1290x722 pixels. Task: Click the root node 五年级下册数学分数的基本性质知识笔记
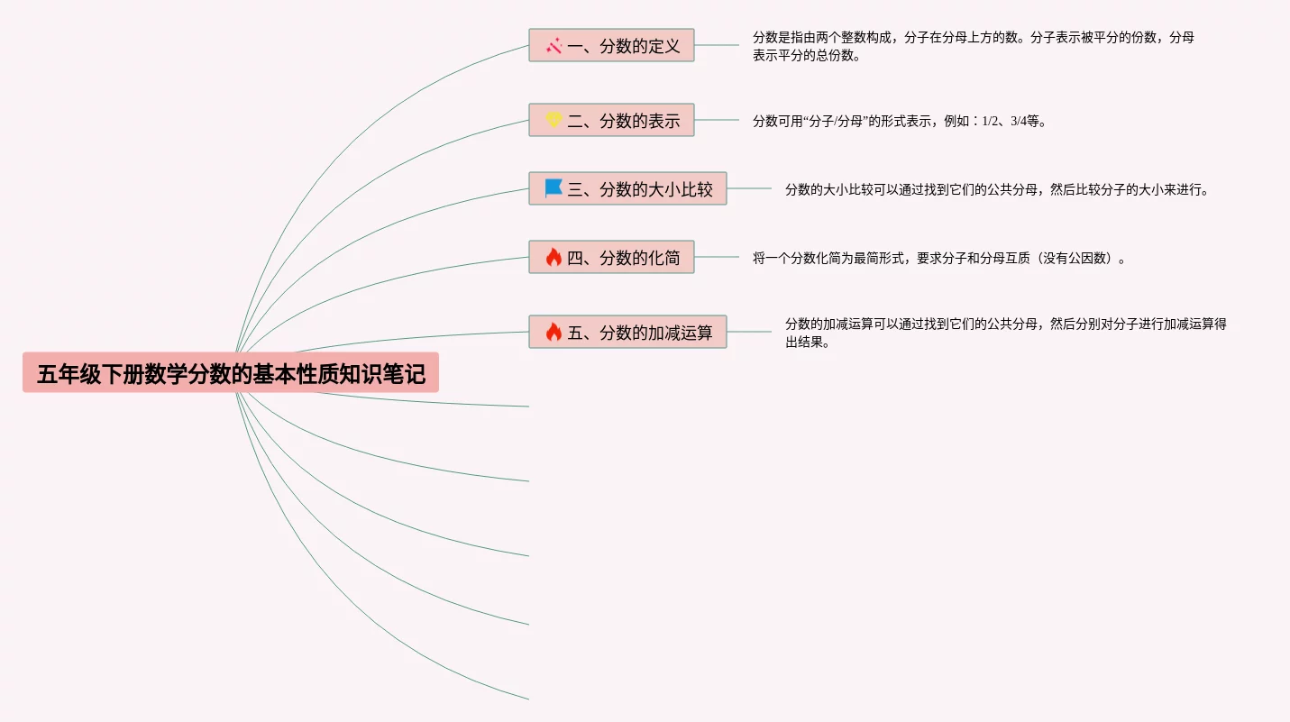[231, 373]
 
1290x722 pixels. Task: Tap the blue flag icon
[554, 188]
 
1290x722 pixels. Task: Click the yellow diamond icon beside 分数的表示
[554, 120]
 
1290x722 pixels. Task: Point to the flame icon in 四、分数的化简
[554, 258]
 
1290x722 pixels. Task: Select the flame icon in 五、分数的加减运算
[554, 333]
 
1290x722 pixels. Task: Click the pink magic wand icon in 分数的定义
[554, 46]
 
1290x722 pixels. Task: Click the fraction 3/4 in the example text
[1018, 122]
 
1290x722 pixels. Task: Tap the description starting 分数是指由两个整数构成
[974, 46]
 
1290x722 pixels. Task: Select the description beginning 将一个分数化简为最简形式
[938, 259]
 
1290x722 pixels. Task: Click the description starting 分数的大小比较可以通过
[996, 190]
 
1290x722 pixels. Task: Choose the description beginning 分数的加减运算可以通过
[1005, 333]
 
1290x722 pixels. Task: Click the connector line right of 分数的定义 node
[717, 45]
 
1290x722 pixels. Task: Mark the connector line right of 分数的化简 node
[717, 257]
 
